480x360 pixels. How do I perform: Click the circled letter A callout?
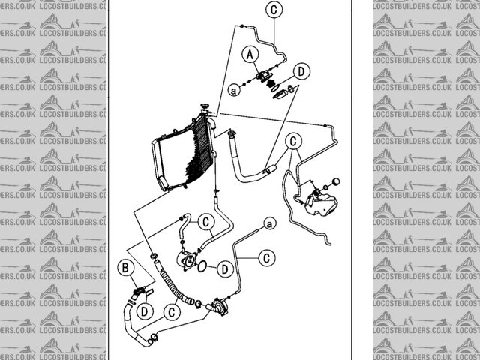251,53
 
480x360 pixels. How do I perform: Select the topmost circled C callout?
274,10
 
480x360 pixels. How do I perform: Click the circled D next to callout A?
301,71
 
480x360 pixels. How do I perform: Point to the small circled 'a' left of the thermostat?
234,90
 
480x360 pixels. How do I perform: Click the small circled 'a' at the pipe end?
269,223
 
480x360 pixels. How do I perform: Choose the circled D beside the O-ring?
225,268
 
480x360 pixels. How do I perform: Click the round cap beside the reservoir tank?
335,181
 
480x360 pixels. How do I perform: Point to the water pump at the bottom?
217,306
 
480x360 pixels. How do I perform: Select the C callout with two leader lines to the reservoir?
294,141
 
